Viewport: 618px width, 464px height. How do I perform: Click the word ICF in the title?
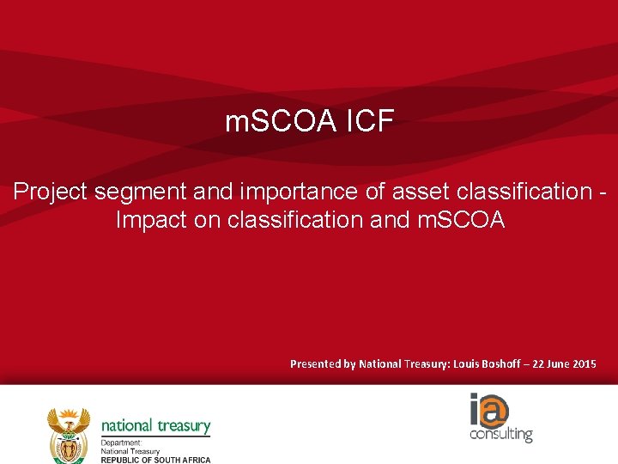(x=371, y=123)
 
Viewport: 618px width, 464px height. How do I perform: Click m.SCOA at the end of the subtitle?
(x=462, y=220)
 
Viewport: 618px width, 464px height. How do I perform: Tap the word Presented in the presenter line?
(x=315, y=364)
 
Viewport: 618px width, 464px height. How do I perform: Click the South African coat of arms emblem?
(x=69, y=433)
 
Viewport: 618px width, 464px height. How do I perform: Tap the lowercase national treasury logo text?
(x=155, y=425)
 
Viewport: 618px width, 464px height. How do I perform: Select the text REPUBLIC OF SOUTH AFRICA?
(x=155, y=460)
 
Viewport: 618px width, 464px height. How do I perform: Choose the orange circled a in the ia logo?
(x=494, y=410)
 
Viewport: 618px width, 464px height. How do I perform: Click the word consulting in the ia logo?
(x=501, y=434)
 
